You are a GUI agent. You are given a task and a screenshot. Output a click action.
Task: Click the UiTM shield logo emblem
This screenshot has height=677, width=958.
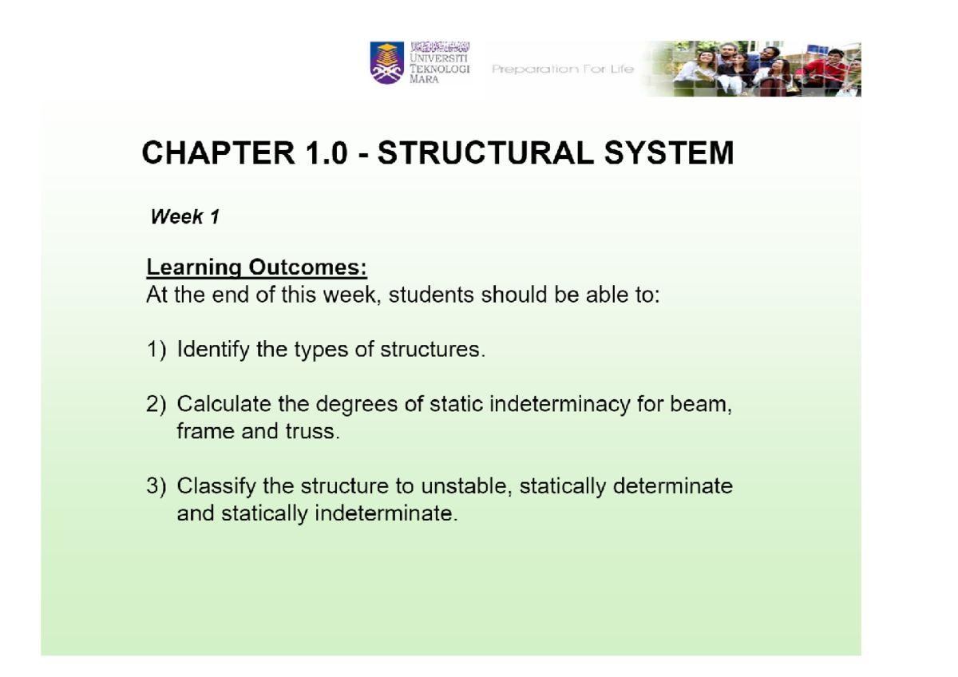tap(387, 64)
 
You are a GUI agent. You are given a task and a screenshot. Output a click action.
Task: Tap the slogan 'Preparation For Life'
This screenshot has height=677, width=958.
tap(563, 69)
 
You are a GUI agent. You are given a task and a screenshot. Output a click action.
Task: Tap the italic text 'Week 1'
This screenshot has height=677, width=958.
tap(184, 217)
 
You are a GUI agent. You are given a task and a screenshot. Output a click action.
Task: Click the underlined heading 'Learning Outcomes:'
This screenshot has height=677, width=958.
tap(256, 267)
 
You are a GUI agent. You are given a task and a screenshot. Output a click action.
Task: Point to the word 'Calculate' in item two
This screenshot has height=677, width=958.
tap(225, 405)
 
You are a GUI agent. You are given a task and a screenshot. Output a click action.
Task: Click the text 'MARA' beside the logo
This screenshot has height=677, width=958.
tap(424, 82)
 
